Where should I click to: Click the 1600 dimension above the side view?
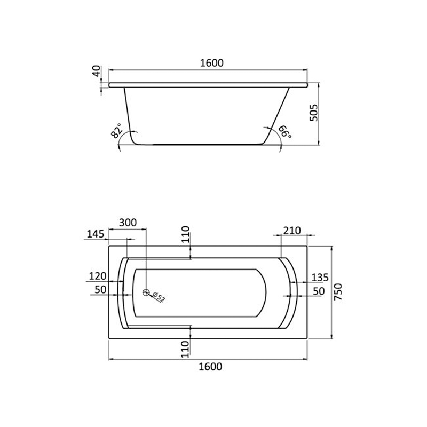[x=211, y=63]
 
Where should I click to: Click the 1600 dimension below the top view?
[x=210, y=367]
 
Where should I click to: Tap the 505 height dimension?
[x=314, y=113]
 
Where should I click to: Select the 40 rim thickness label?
[x=97, y=71]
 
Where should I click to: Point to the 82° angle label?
[x=116, y=131]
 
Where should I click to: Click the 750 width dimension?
[x=338, y=291]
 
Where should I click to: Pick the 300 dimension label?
[x=128, y=223]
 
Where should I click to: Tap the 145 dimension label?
[x=96, y=234]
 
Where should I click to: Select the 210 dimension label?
[x=292, y=231]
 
